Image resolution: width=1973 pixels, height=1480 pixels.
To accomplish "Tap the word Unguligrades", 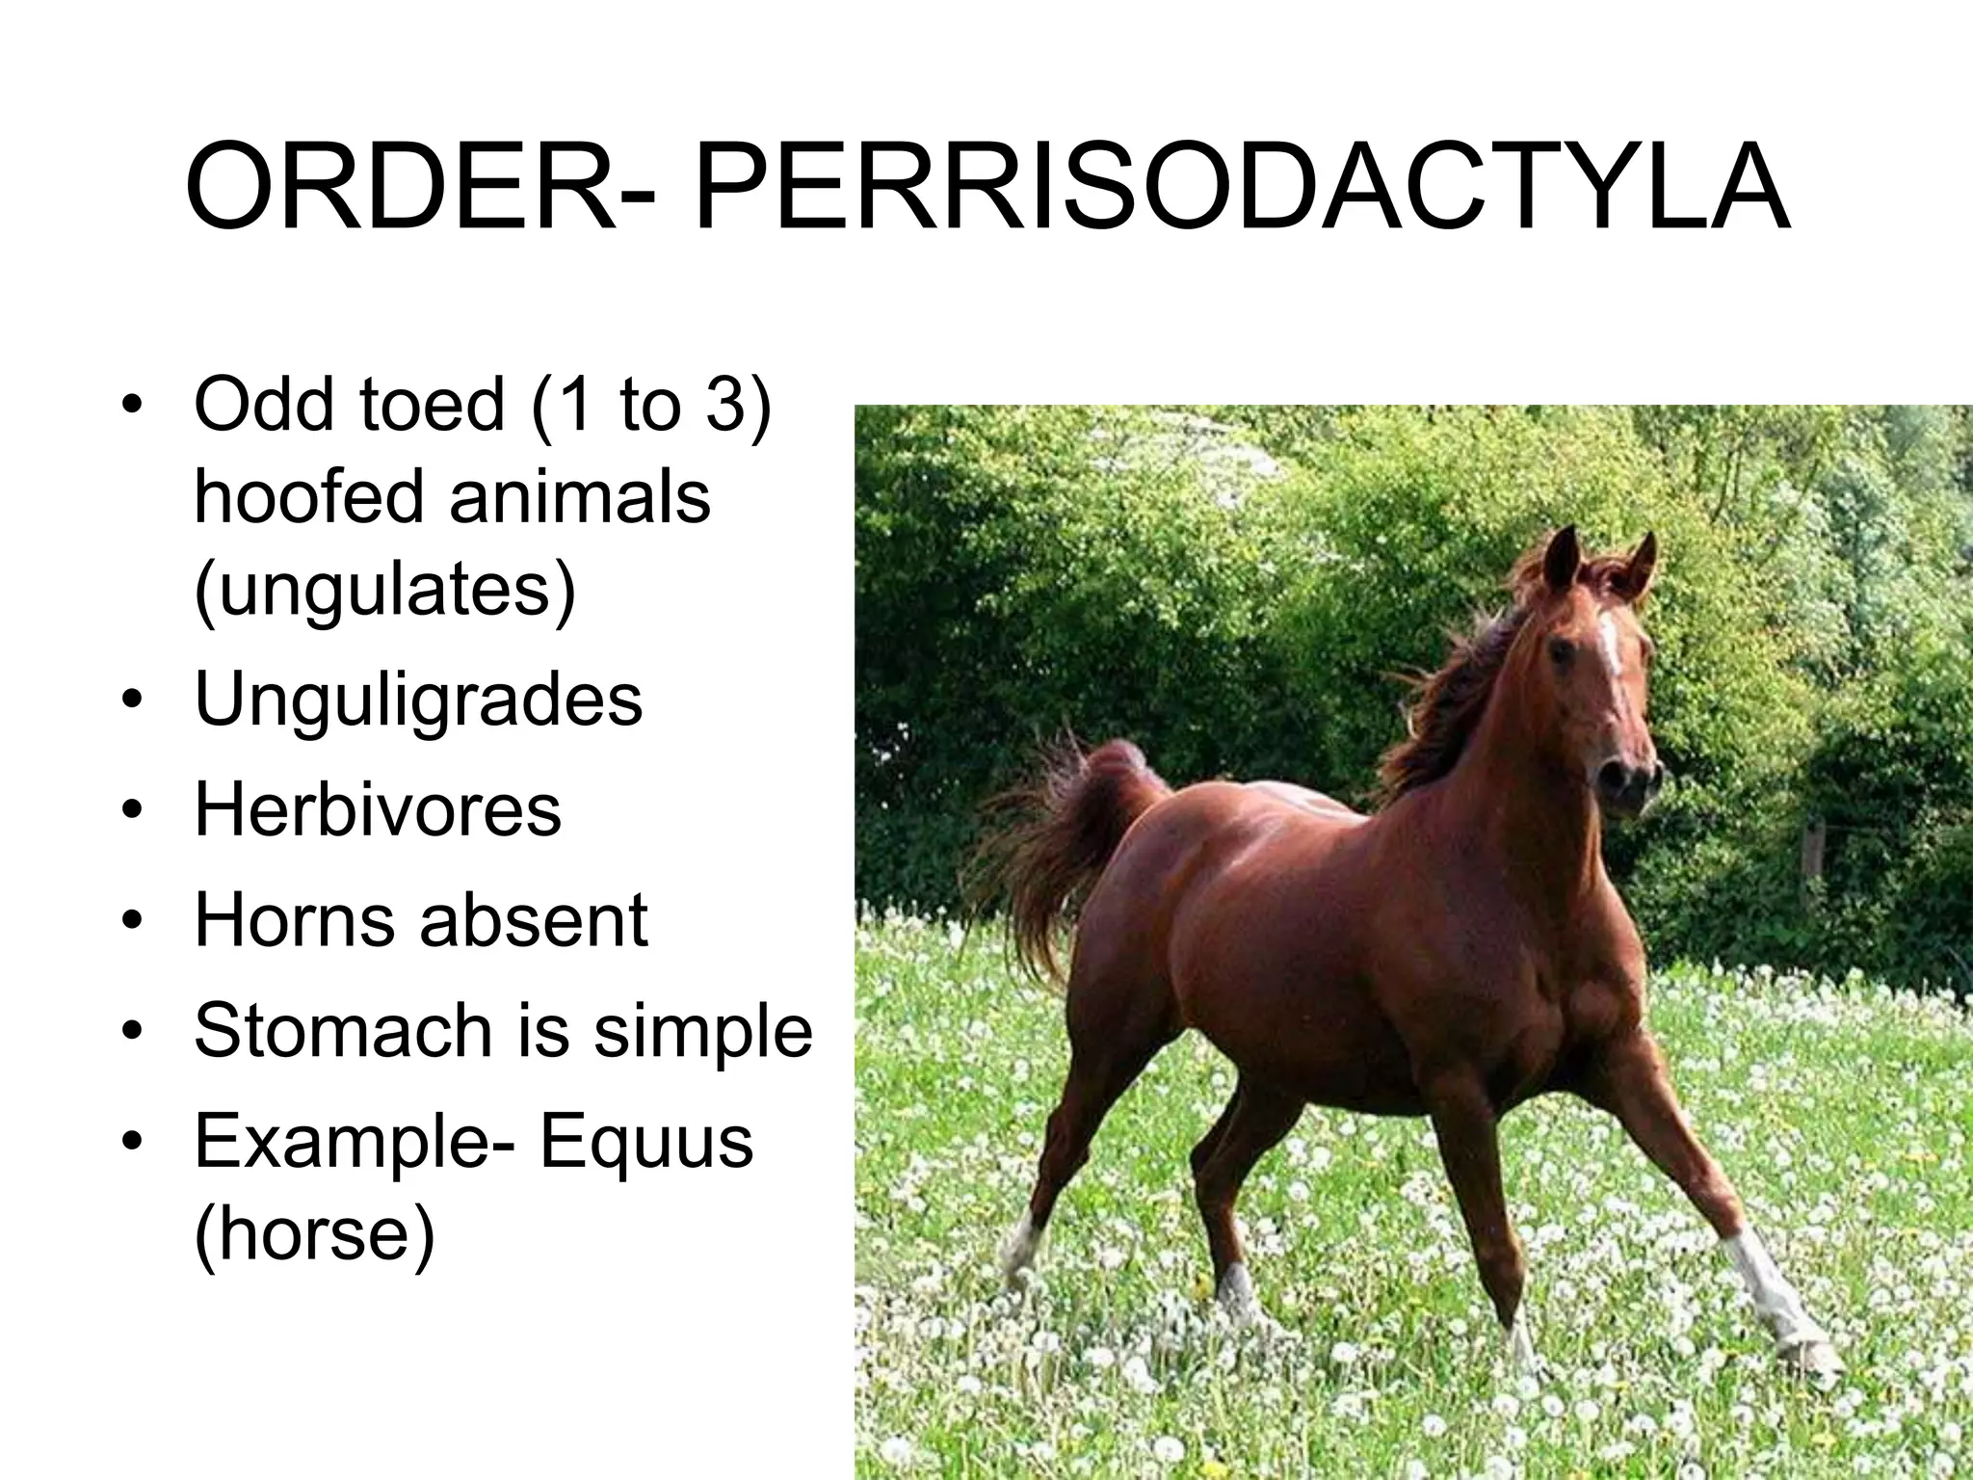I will click(x=418, y=701).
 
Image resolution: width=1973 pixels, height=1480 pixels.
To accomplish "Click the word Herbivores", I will click(x=378, y=809).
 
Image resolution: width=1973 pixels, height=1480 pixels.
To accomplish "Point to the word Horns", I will click(x=293, y=920).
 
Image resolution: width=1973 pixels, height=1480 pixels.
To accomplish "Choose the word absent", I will click(x=534, y=920).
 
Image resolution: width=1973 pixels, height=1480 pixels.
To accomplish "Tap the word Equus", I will click(x=645, y=1142).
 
